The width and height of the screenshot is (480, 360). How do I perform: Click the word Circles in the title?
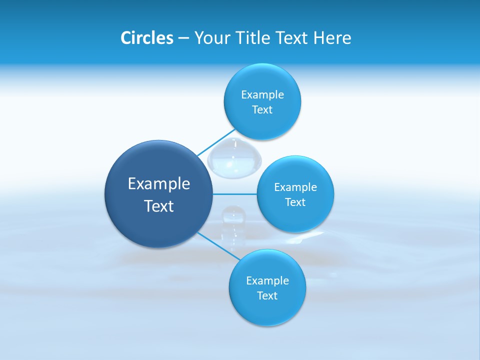tap(146, 38)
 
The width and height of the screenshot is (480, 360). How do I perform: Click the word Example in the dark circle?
tap(159, 184)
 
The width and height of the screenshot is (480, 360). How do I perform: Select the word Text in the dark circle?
tap(159, 206)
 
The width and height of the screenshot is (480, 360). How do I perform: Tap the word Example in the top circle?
tap(262, 95)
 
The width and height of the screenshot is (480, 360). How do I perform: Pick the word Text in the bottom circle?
tap(267, 295)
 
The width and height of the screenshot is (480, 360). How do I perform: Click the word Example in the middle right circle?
tap(295, 187)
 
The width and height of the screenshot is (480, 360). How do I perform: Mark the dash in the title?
tap(183, 38)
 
